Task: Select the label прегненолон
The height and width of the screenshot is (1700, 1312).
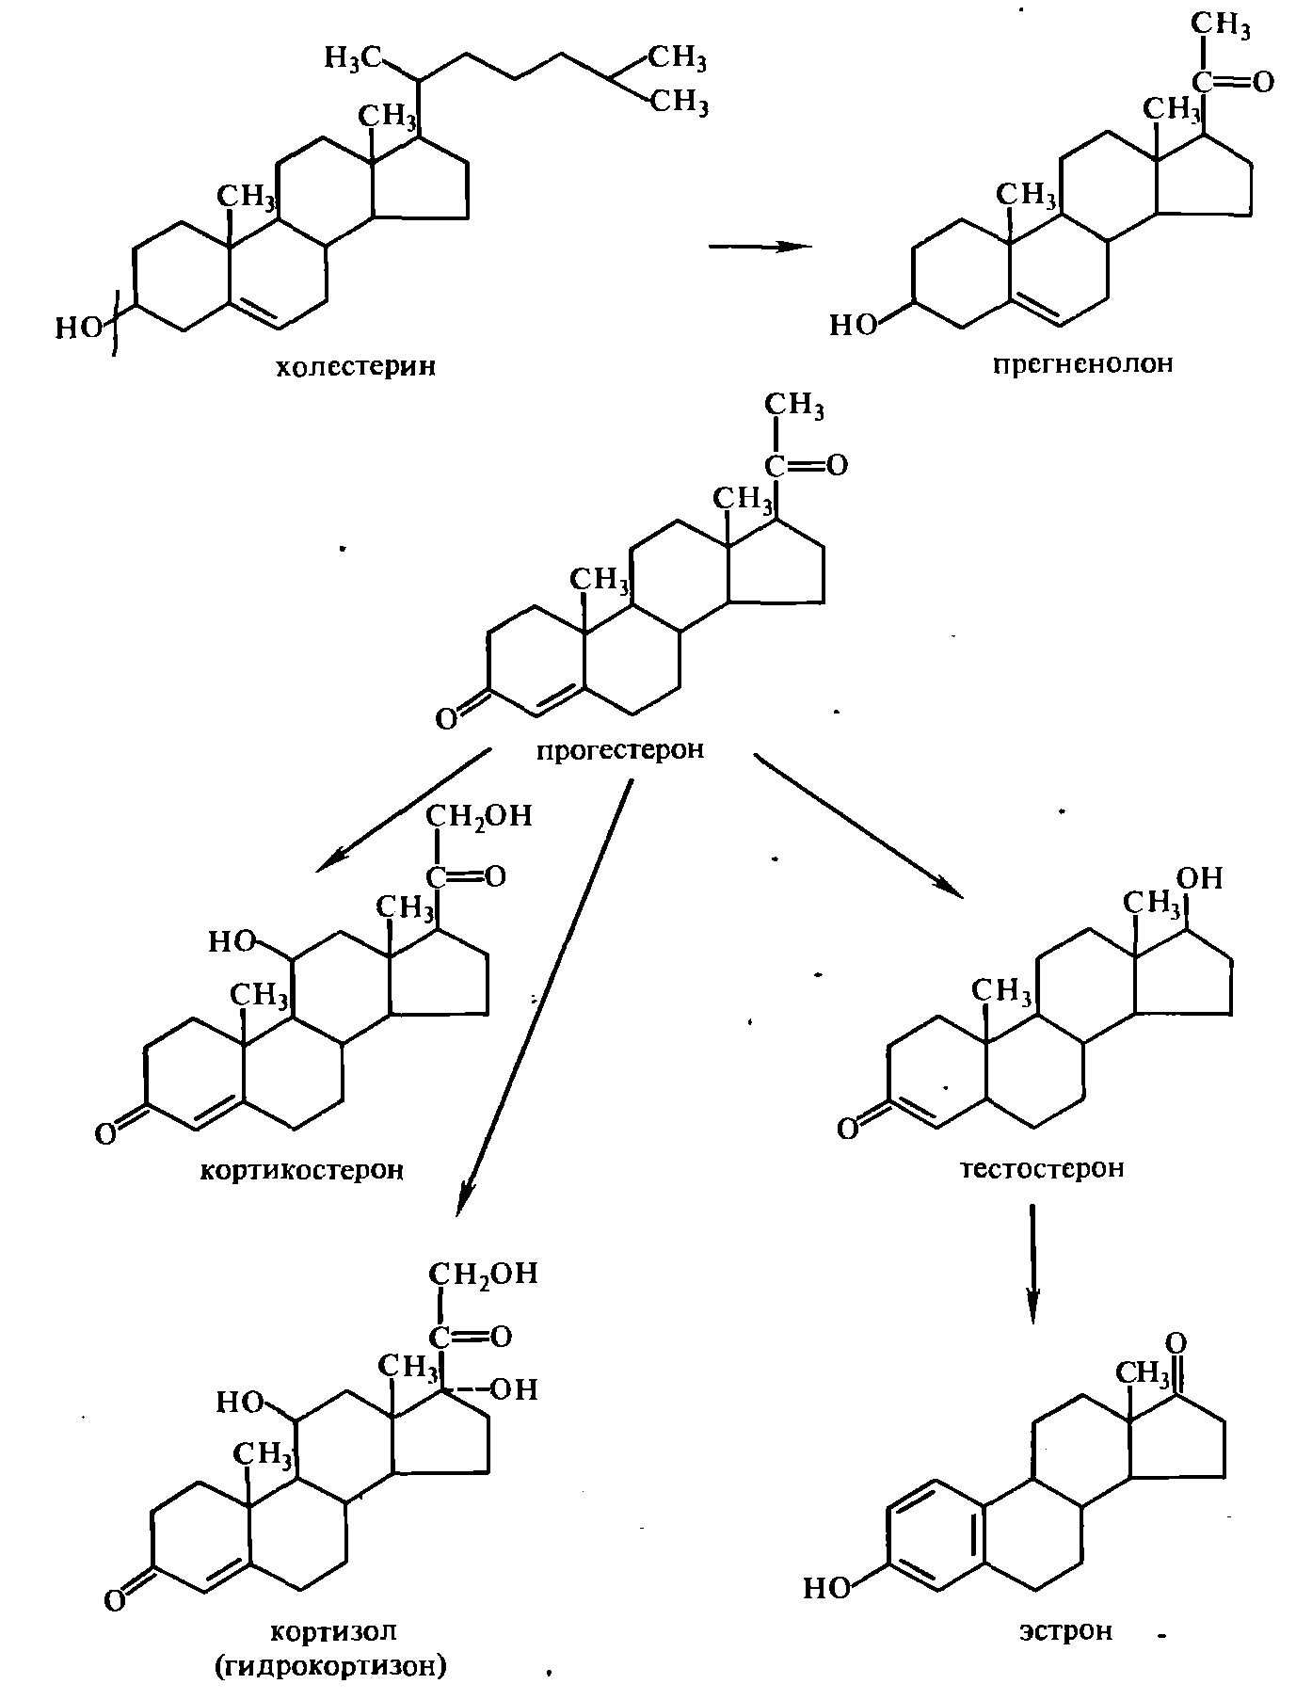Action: [x=1083, y=363]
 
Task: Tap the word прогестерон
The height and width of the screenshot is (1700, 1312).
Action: [x=621, y=750]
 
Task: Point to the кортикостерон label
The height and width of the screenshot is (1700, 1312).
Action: [x=302, y=1170]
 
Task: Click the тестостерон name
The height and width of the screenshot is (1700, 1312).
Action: [x=1042, y=1168]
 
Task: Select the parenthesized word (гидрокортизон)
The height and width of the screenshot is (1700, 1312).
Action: [x=329, y=1667]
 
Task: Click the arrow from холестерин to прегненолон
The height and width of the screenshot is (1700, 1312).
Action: [x=760, y=247]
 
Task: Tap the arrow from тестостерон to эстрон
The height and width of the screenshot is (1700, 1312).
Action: [x=1032, y=1264]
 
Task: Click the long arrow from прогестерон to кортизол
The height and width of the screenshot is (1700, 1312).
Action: [x=544, y=998]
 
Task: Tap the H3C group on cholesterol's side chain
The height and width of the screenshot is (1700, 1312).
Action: [x=352, y=58]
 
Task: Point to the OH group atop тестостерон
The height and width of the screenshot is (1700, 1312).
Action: [x=1200, y=878]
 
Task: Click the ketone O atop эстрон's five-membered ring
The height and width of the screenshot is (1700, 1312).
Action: [x=1176, y=1342]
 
